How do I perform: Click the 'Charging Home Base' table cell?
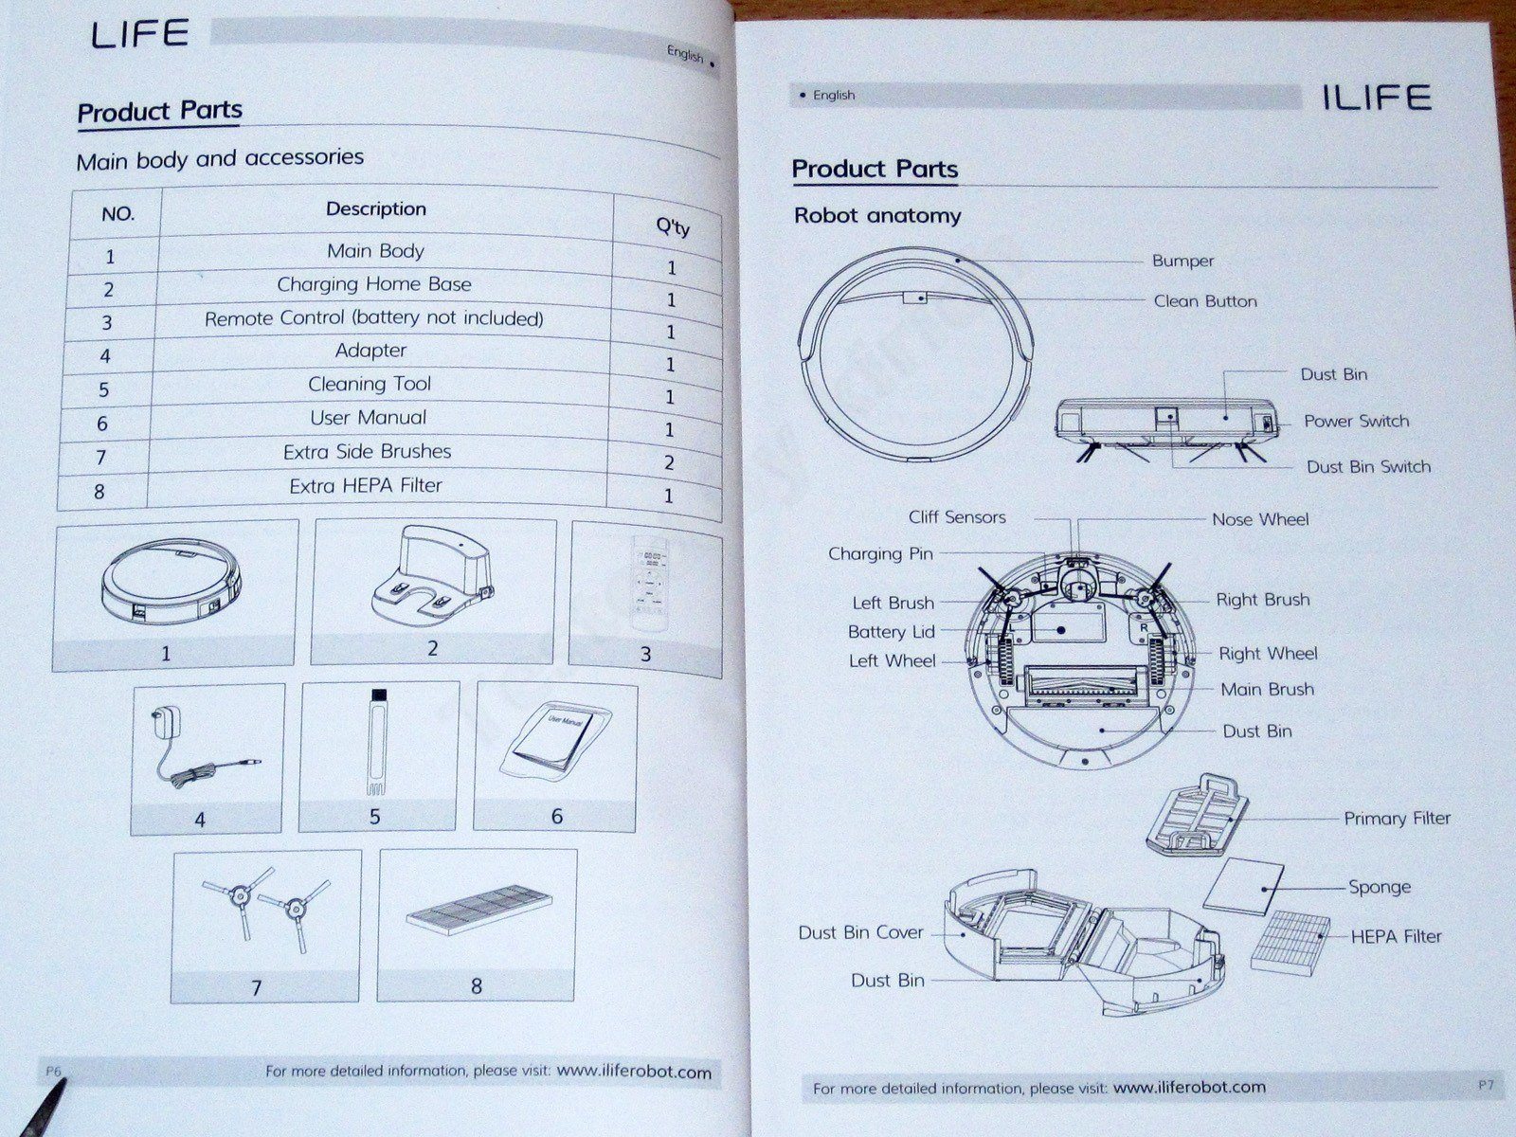374,284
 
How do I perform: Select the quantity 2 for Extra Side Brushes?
669,462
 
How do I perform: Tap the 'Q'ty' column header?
673,226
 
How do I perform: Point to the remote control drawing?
649,583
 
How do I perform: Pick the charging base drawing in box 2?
432,578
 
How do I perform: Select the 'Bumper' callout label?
1182,261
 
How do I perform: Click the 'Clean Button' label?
1205,301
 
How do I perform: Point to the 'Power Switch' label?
1356,421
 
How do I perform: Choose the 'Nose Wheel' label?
1260,519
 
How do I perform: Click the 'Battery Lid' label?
891,632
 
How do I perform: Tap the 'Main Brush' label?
1267,690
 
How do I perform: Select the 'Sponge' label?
1380,887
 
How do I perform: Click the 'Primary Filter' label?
1397,819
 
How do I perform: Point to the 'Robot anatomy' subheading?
877,216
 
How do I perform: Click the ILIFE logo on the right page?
1376,98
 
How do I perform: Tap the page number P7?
1485,1084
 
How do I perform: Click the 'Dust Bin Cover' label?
860,932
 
